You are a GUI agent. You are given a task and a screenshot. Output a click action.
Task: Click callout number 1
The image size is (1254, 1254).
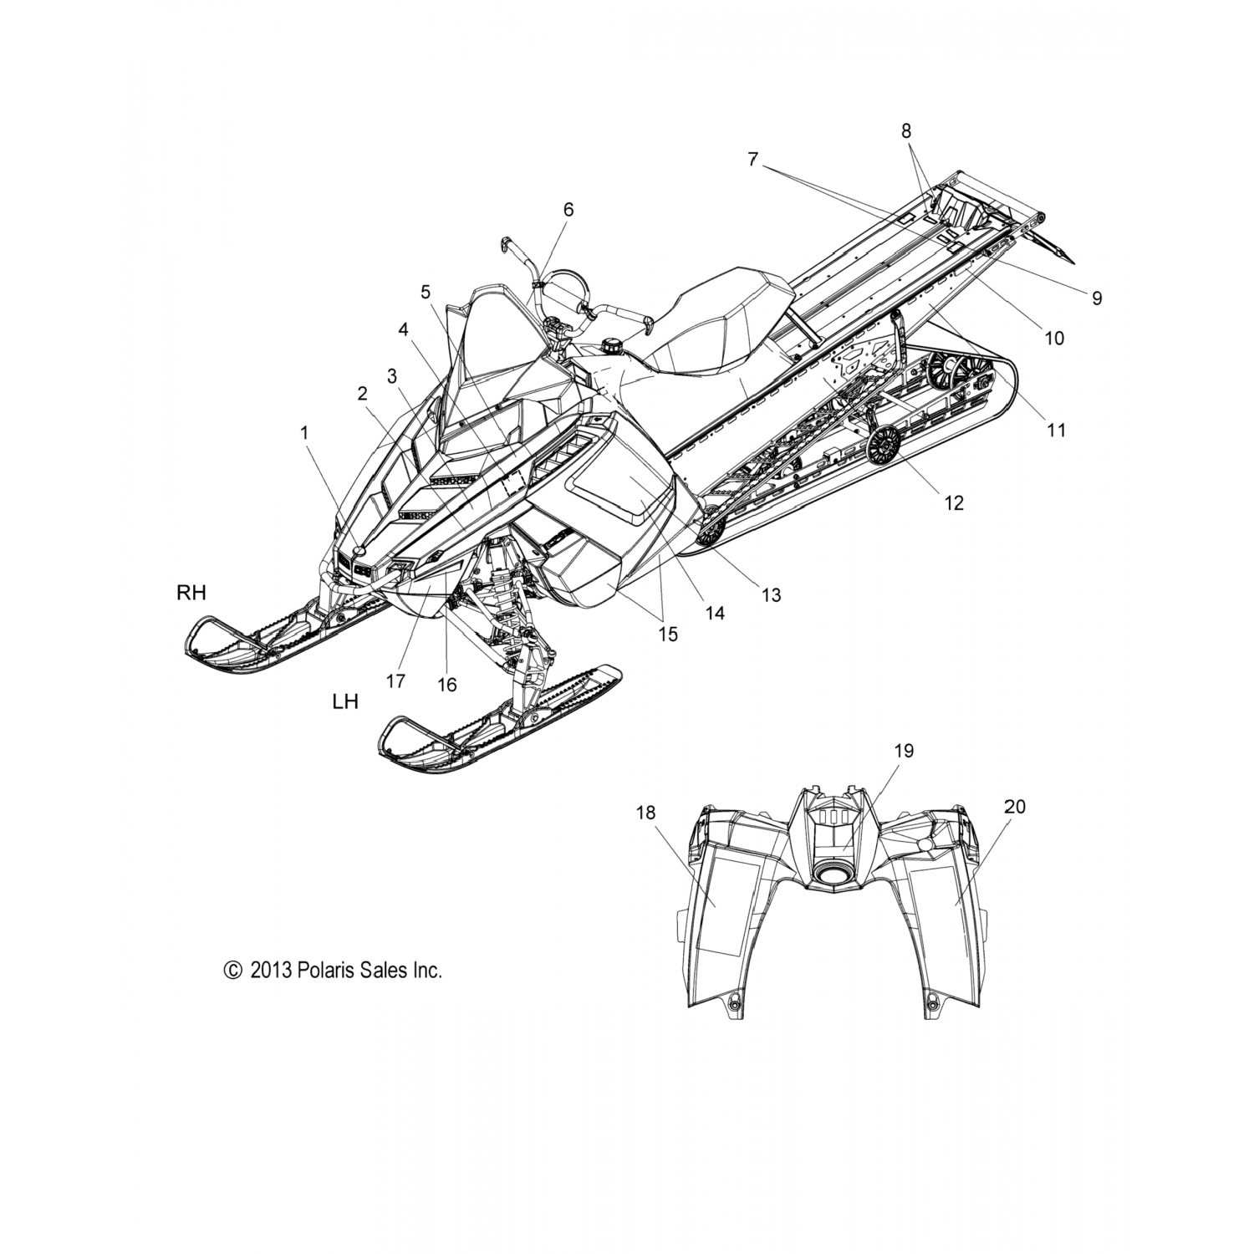pyautogui.click(x=304, y=432)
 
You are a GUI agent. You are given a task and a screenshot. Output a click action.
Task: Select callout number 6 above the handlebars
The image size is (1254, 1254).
pyautogui.click(x=568, y=210)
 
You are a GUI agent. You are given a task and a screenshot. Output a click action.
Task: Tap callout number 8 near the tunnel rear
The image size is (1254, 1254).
pyautogui.click(x=906, y=130)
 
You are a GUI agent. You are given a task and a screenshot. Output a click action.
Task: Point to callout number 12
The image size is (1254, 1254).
pyautogui.click(x=953, y=502)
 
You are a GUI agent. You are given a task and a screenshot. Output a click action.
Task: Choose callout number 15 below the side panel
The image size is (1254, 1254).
pyautogui.click(x=667, y=634)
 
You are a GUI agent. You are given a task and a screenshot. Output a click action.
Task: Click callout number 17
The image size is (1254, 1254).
pyautogui.click(x=395, y=681)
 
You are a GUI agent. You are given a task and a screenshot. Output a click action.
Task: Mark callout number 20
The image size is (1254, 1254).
pyautogui.click(x=1015, y=807)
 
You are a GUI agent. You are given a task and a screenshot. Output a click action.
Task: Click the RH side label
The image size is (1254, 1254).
pyautogui.click(x=191, y=593)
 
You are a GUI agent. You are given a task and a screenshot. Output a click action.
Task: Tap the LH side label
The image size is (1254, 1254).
pyautogui.click(x=345, y=701)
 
